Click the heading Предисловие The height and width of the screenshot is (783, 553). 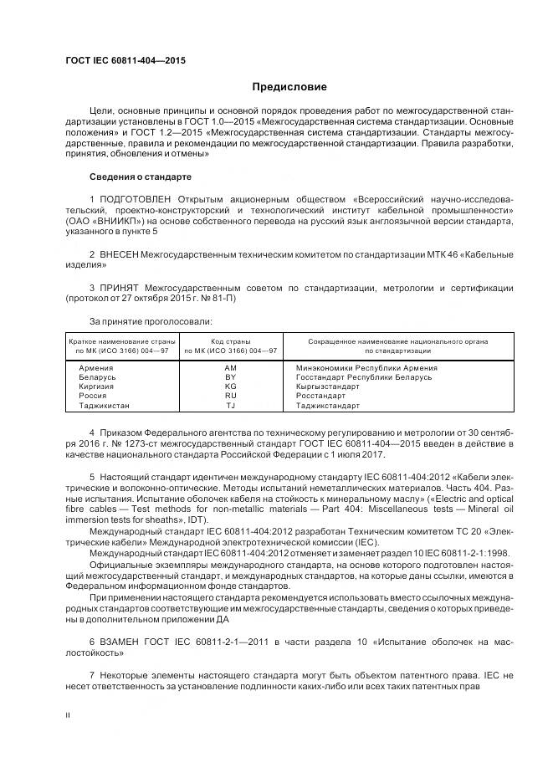coord(289,87)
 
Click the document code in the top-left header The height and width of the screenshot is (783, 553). coord(125,61)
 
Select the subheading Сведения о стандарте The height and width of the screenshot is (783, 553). coord(140,177)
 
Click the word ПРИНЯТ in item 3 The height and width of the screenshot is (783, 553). coord(119,289)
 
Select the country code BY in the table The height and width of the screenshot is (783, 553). coord(231,377)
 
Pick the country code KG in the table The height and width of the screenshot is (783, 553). coord(231,386)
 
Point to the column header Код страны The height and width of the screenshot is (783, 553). coord(231,340)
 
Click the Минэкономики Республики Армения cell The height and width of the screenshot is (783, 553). coord(366,368)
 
